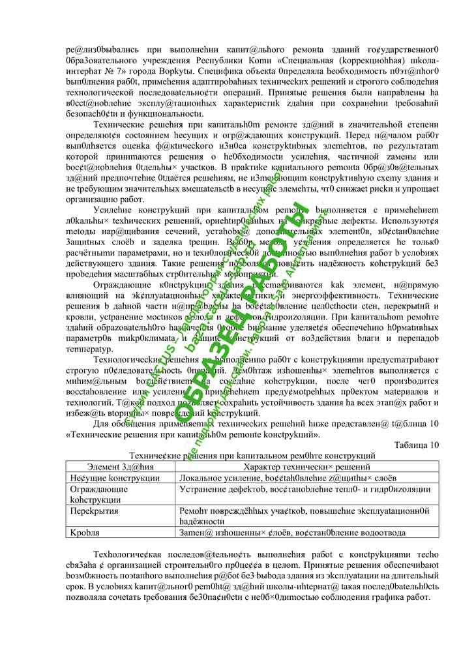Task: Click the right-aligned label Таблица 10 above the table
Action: (417, 445)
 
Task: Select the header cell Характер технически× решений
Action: (306, 467)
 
